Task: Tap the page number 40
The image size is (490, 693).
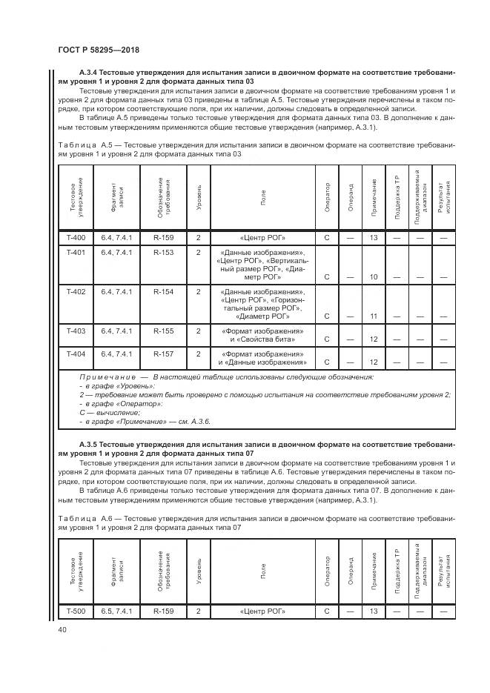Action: [62, 629]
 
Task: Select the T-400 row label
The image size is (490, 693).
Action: [76, 238]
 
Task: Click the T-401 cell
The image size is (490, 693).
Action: [76, 253]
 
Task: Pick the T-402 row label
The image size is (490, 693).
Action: [76, 292]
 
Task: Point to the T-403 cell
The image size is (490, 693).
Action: [76, 331]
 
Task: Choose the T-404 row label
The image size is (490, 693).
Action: [76, 354]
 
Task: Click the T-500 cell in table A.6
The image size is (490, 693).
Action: [76, 611]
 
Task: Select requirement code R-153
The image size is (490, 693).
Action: [163, 253]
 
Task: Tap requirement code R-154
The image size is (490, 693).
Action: [163, 292]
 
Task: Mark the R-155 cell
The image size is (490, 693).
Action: [163, 331]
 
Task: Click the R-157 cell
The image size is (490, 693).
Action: [163, 354]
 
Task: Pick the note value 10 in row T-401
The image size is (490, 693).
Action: [374, 277]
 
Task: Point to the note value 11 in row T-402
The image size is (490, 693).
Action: [374, 316]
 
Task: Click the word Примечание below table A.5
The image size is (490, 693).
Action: [106, 377]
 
